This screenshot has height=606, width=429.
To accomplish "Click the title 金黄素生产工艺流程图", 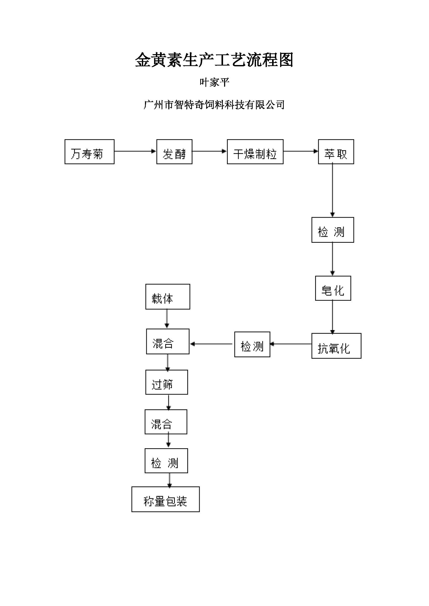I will (214, 60).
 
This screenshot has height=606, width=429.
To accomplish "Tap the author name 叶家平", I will (214, 83).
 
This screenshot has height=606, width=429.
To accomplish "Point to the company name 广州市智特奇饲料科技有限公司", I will (214, 105).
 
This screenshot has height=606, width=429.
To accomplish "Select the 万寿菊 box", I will (89, 152).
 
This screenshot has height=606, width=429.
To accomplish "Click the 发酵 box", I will (174, 152).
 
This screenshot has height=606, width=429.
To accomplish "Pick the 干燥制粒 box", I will (255, 152).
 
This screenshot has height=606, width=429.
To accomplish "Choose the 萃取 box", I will (336, 152).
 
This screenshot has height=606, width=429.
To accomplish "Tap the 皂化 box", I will (333, 288).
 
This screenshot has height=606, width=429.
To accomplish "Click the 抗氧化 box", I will (336, 346).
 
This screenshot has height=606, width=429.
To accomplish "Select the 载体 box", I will (168, 296).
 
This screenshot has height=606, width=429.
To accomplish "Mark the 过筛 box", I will (167, 382).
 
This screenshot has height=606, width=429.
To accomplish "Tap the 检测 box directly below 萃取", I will (333, 230).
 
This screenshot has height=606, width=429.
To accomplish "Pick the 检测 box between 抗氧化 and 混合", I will (252, 344).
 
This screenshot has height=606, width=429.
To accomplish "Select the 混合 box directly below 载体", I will (168, 341).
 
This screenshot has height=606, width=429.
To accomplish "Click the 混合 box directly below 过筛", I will (166, 422).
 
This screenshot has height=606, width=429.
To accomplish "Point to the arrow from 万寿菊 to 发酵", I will (135, 151).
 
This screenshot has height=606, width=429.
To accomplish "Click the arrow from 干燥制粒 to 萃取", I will (301, 151).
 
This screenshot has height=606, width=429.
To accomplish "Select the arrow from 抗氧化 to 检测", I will (290, 344).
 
